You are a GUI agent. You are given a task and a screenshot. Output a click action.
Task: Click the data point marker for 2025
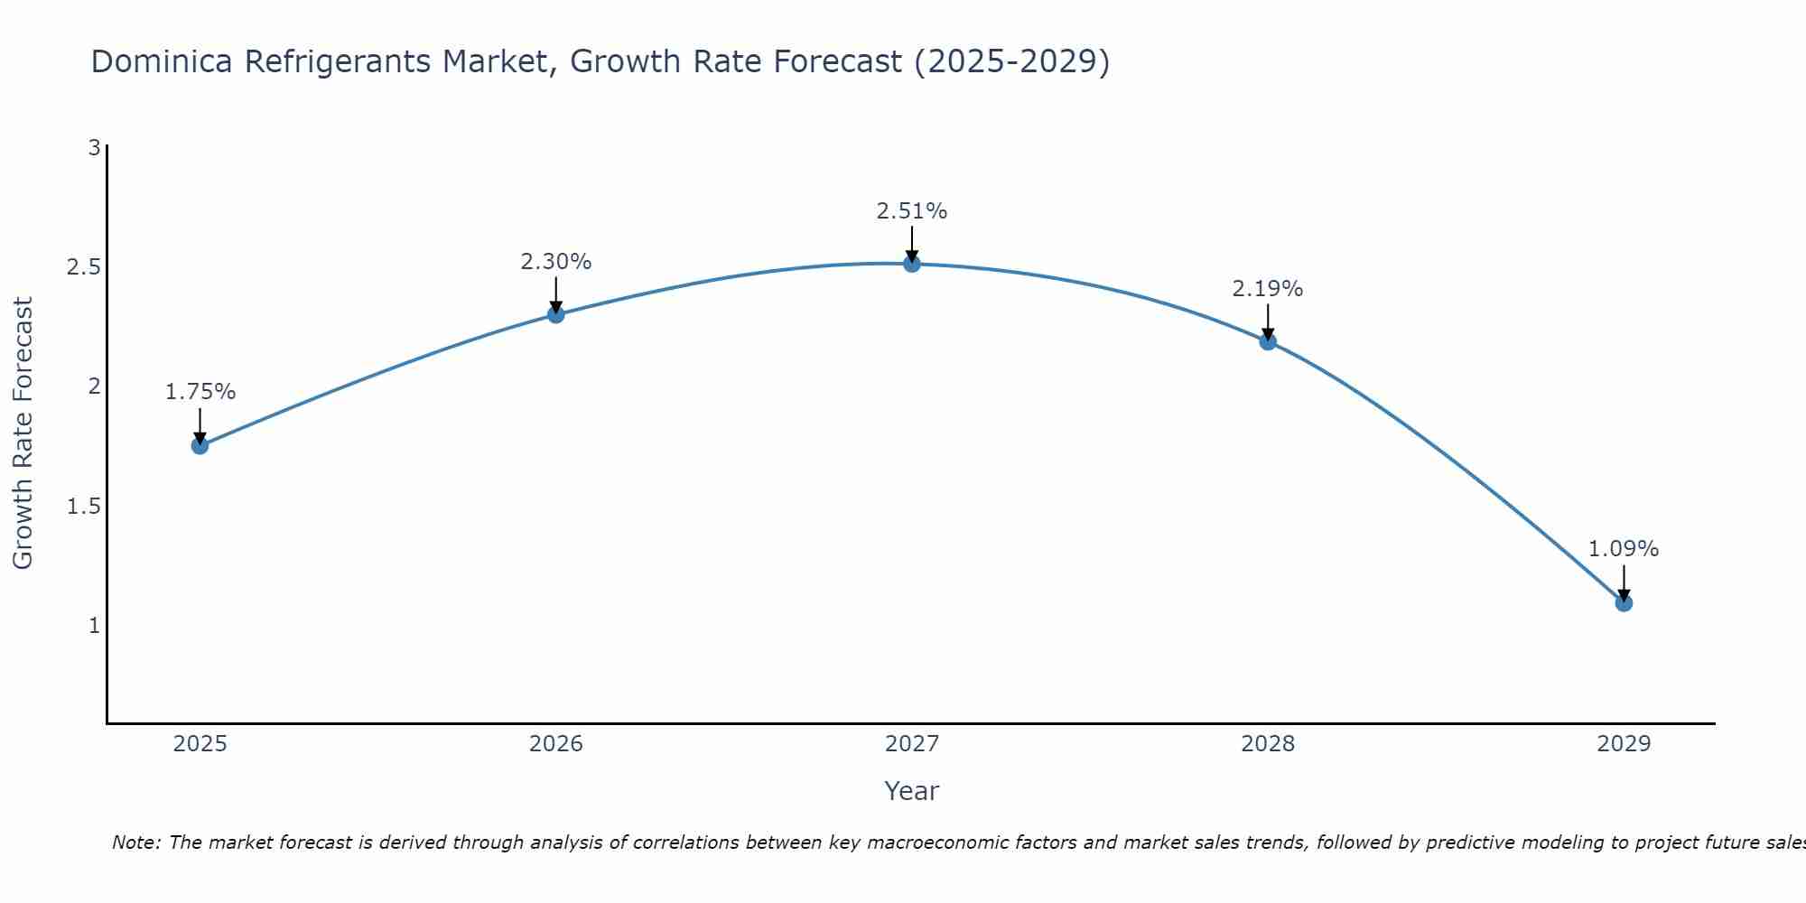200,445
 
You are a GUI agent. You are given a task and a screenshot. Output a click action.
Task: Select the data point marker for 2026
556,314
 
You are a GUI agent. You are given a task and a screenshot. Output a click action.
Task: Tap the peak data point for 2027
912,264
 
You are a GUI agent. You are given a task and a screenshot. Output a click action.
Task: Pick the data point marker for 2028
1268,341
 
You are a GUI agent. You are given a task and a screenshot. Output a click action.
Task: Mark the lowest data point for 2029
1624,602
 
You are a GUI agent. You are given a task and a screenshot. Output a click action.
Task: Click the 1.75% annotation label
200,392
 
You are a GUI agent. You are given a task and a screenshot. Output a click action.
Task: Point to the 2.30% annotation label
556,262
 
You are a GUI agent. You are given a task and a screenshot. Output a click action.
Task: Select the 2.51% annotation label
912,211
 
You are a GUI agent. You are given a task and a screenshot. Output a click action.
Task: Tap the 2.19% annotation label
1268,289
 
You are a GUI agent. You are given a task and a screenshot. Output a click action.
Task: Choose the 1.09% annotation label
1624,549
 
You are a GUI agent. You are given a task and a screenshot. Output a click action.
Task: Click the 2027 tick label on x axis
912,744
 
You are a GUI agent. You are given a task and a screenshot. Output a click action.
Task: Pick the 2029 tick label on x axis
1624,744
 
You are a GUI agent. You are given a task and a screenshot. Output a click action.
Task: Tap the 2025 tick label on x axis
200,744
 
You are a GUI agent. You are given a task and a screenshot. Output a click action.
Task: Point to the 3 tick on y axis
94,148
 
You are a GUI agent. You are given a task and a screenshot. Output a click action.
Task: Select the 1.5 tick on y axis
84,507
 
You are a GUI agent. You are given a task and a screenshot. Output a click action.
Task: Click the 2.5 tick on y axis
84,268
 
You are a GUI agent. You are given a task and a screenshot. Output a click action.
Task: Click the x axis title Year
912,791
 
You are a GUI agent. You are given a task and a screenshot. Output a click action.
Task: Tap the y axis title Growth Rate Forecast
23,433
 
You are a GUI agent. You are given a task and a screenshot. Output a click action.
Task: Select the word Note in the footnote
135,842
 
